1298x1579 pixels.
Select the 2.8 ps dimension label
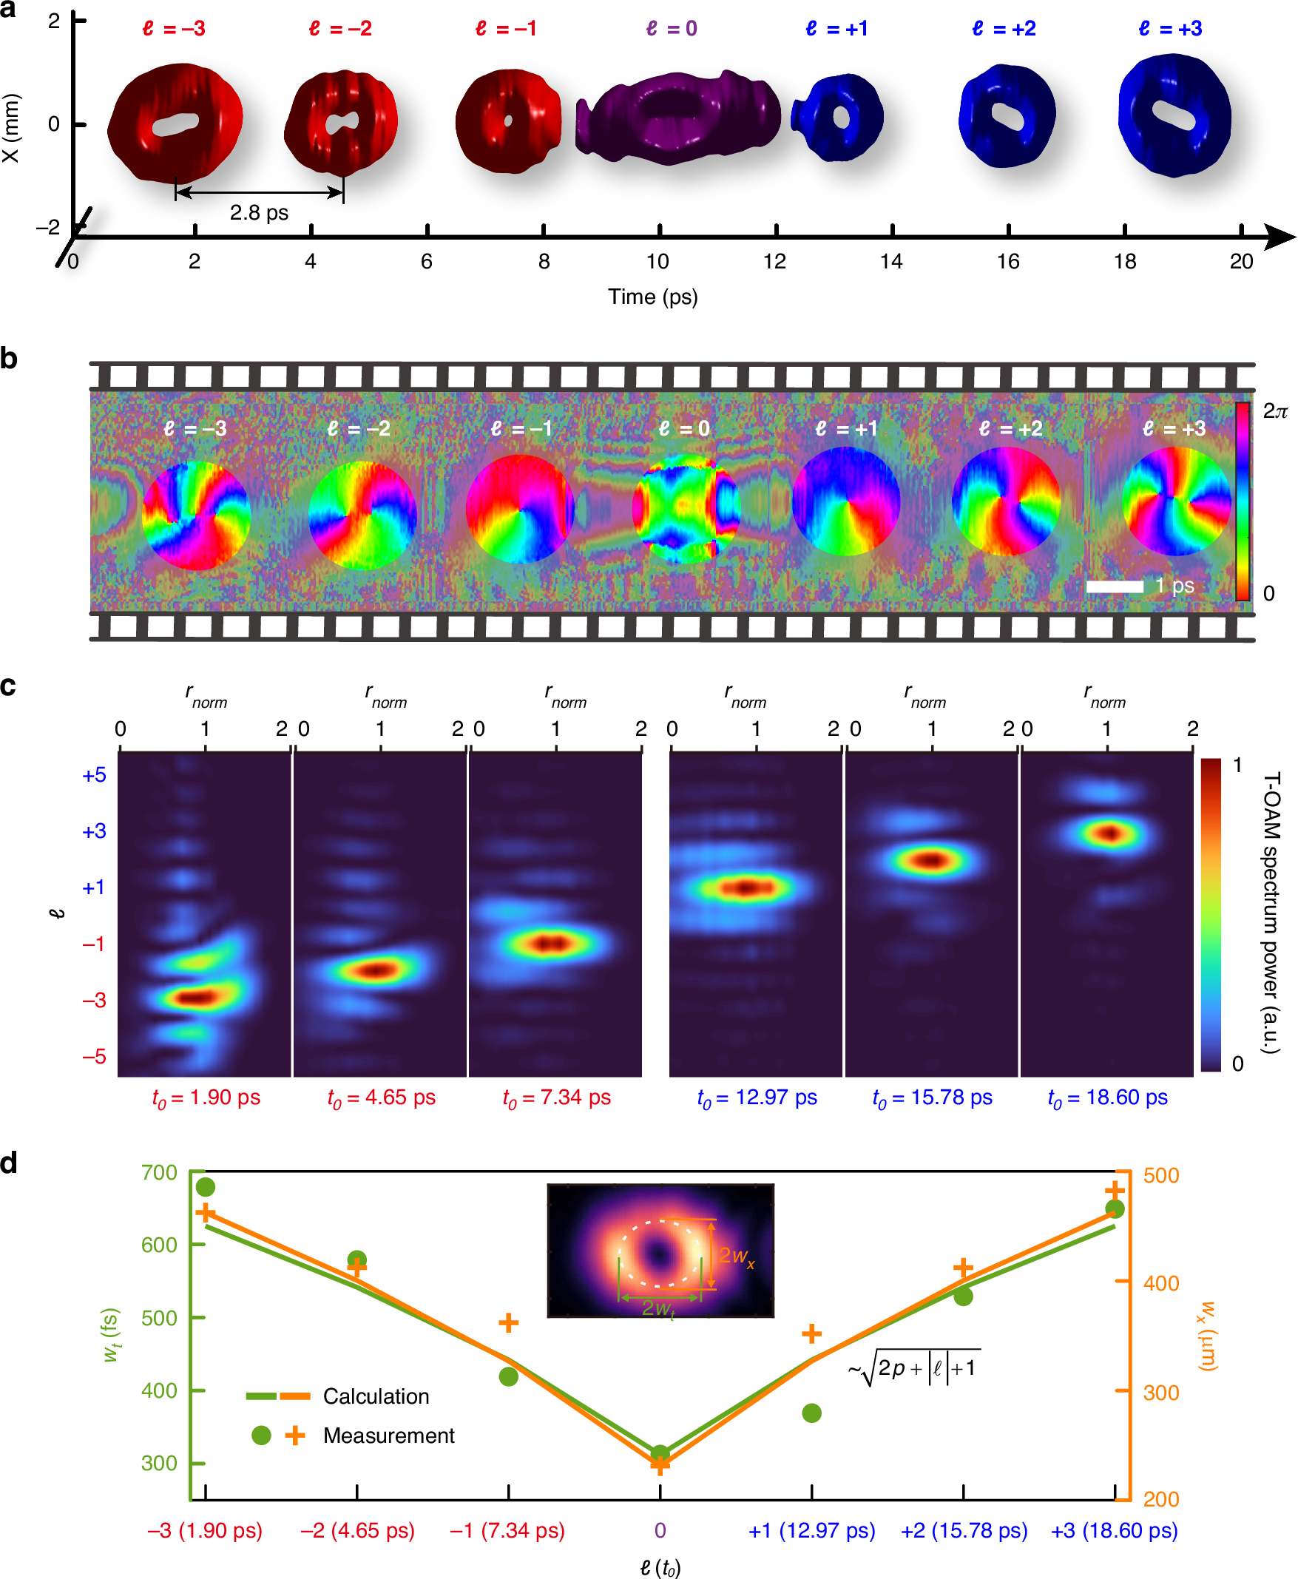[x=259, y=213]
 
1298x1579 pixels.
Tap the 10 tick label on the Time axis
[x=658, y=262]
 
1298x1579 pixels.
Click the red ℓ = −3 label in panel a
[x=174, y=28]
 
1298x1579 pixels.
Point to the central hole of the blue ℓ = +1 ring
[x=841, y=118]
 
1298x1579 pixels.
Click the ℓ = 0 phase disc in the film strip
[x=686, y=508]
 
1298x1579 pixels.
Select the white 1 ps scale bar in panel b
[x=1114, y=587]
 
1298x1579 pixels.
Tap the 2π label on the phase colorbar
[x=1275, y=411]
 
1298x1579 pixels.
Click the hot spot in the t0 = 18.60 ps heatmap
[x=1109, y=832]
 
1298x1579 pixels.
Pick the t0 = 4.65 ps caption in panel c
[x=382, y=1098]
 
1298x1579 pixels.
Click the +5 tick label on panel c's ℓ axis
[x=94, y=775]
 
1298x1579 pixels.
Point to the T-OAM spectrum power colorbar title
[x=1271, y=912]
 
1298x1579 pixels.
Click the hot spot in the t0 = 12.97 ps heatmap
[x=748, y=887]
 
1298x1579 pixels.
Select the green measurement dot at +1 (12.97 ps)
[x=811, y=1413]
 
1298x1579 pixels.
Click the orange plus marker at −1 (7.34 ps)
[x=508, y=1322]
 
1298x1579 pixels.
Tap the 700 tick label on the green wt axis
[x=159, y=1172]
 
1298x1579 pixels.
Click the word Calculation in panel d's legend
[x=376, y=1396]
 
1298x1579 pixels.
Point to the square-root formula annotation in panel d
[x=913, y=1368]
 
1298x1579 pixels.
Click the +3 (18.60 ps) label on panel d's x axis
[x=1114, y=1530]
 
